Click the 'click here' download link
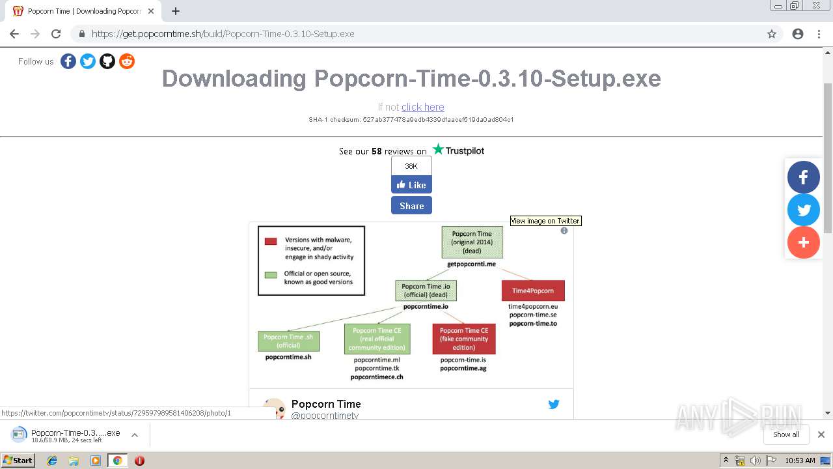point(422,107)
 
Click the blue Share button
point(411,206)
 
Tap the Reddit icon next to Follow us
point(127,61)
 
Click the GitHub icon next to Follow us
point(107,61)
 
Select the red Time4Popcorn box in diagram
point(533,291)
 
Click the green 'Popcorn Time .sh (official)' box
point(289,341)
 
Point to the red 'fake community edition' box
point(463,339)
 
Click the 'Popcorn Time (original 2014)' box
point(472,242)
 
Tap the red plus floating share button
point(803,242)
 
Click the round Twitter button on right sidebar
point(803,210)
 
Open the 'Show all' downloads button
point(785,434)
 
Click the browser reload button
point(56,34)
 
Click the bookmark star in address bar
point(772,34)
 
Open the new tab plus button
point(176,11)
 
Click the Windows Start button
point(18,461)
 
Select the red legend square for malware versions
point(271,241)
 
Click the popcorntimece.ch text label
point(377,377)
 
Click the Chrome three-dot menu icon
point(819,34)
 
